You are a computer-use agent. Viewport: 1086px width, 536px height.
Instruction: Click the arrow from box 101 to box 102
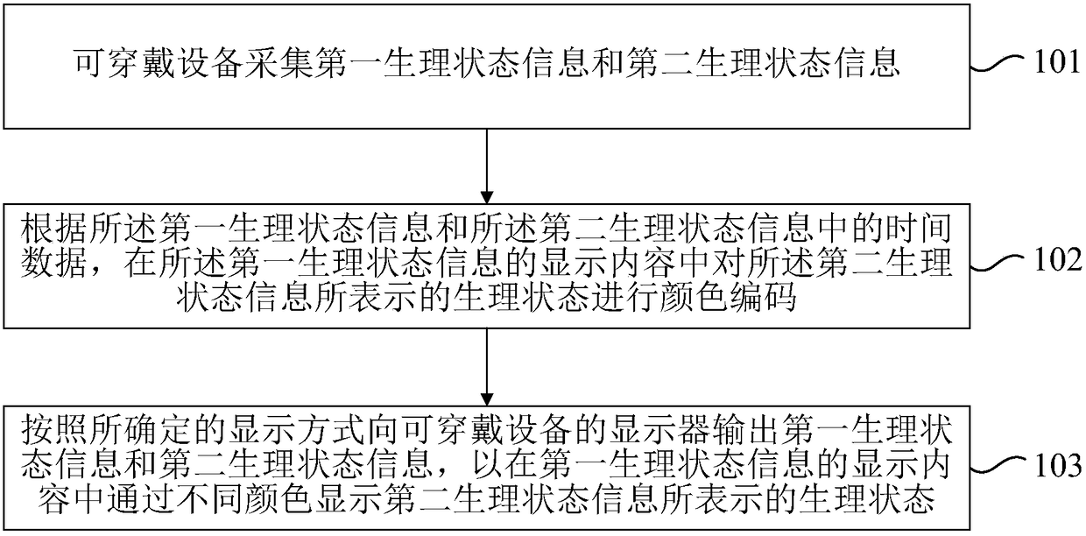tap(485, 166)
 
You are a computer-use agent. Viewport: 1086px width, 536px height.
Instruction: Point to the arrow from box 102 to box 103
tap(485, 368)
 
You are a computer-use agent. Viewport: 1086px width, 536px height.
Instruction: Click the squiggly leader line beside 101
tap(999, 64)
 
